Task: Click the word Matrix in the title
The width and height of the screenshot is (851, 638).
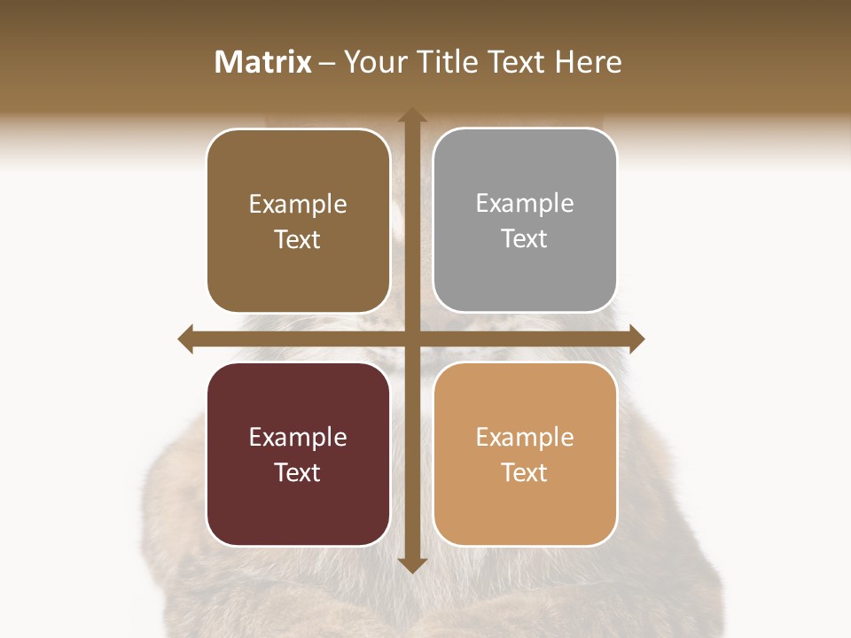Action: pos(263,62)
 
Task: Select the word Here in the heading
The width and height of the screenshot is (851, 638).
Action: pos(589,62)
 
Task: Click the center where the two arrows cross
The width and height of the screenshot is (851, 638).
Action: pos(411,338)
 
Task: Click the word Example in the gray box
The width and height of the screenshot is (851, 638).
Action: pos(525,204)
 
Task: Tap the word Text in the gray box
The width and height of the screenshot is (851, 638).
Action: pos(525,239)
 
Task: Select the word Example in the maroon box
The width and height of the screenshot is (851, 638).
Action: pos(298,437)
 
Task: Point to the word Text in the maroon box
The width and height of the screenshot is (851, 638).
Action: pos(298,472)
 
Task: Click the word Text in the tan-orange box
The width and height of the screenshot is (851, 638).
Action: pos(525,472)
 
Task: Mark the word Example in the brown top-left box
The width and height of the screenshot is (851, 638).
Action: pos(298,205)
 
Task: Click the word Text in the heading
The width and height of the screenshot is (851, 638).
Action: pos(518,62)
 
